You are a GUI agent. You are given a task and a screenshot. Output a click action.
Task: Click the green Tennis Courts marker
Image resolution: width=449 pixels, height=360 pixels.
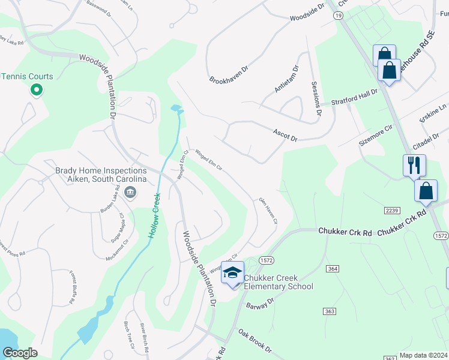click(x=36, y=90)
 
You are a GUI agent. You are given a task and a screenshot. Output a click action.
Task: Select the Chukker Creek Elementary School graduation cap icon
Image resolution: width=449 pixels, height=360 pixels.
click(x=232, y=274)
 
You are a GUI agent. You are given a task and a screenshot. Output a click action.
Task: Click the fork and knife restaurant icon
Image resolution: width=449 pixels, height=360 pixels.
click(x=414, y=165)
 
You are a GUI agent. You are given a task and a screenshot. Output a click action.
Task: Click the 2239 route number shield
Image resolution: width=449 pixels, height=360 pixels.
click(x=392, y=209)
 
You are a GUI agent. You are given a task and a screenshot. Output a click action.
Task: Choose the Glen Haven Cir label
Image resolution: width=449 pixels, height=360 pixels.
click(x=268, y=211)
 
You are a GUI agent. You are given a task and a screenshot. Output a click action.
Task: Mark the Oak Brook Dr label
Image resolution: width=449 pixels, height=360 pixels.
click(x=255, y=340)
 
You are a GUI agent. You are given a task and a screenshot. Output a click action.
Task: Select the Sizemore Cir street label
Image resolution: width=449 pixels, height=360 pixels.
click(x=375, y=133)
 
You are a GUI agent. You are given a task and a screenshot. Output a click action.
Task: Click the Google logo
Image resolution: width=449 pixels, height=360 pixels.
click(x=20, y=353)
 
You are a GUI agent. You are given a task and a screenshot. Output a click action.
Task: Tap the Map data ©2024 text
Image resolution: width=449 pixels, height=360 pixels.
click(x=423, y=355)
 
